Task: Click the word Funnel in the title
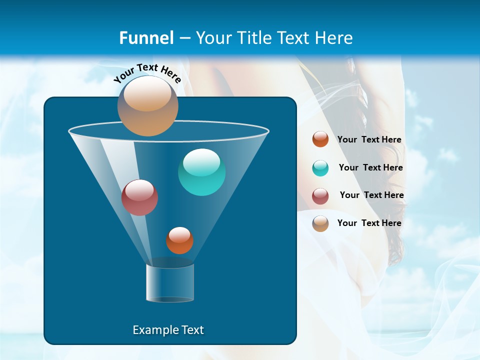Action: [x=146, y=37]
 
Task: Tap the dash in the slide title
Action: [x=184, y=38]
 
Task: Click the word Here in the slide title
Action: [x=332, y=37]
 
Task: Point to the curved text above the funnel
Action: [x=147, y=73]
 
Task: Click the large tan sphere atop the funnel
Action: [x=147, y=106]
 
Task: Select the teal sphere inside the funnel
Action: [x=201, y=172]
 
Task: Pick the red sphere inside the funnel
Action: [x=139, y=197]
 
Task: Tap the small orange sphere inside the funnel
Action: [x=179, y=240]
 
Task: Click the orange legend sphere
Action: [x=320, y=139]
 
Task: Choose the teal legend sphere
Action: [x=320, y=168]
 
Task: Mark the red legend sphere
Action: [x=320, y=196]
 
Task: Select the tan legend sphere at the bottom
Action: [x=320, y=223]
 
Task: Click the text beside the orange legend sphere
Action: [x=369, y=139]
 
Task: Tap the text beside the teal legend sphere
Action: [x=370, y=167]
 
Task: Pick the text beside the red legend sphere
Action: [x=371, y=195]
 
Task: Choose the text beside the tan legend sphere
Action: [x=369, y=223]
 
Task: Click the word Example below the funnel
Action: [x=155, y=330]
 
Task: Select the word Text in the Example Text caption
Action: [x=192, y=330]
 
